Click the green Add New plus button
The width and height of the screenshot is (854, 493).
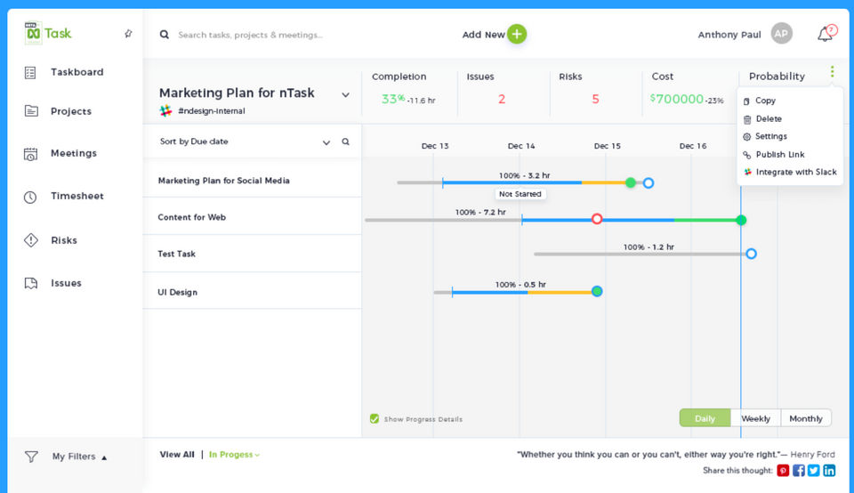coord(517,35)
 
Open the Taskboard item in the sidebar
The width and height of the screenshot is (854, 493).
coord(77,72)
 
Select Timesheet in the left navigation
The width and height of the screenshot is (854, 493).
coord(77,196)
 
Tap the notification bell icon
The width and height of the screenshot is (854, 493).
coord(826,35)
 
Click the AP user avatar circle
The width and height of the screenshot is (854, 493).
coord(781,34)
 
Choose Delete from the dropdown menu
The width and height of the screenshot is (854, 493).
coord(769,118)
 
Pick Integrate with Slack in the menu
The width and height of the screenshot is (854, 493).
coord(795,172)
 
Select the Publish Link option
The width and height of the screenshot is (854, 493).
coord(779,154)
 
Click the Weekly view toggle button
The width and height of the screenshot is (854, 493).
coord(755,418)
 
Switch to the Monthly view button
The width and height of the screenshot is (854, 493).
coord(806,418)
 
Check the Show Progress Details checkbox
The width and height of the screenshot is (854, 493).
coord(375,419)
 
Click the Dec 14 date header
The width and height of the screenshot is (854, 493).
coord(521,146)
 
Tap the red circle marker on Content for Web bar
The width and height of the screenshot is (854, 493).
coord(597,219)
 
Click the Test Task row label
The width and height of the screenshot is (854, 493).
coord(176,254)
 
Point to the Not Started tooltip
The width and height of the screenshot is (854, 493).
coord(520,194)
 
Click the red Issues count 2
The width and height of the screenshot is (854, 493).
coord(502,100)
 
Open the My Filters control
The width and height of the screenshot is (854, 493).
coord(74,457)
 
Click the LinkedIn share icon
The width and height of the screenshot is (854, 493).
coord(829,471)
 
